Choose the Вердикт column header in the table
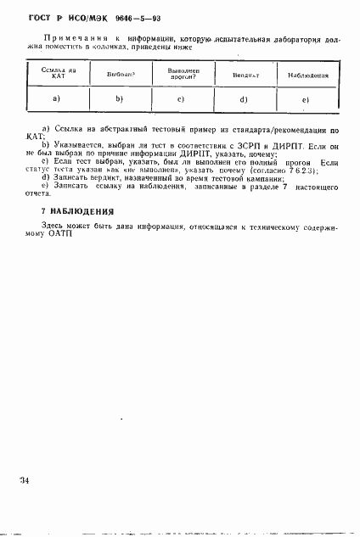245,76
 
